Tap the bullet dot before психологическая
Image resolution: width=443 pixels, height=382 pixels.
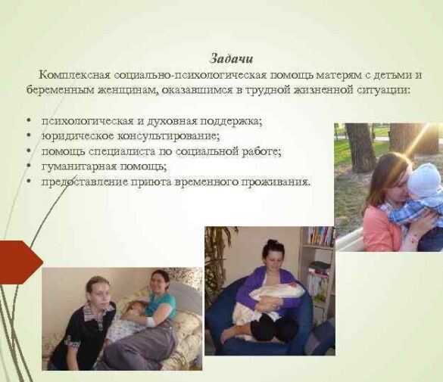point(28,121)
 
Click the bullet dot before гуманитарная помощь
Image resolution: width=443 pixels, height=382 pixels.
point(28,166)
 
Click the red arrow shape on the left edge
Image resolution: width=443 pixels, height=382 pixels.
point(17,261)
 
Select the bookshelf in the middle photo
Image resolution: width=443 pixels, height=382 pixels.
point(320,257)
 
